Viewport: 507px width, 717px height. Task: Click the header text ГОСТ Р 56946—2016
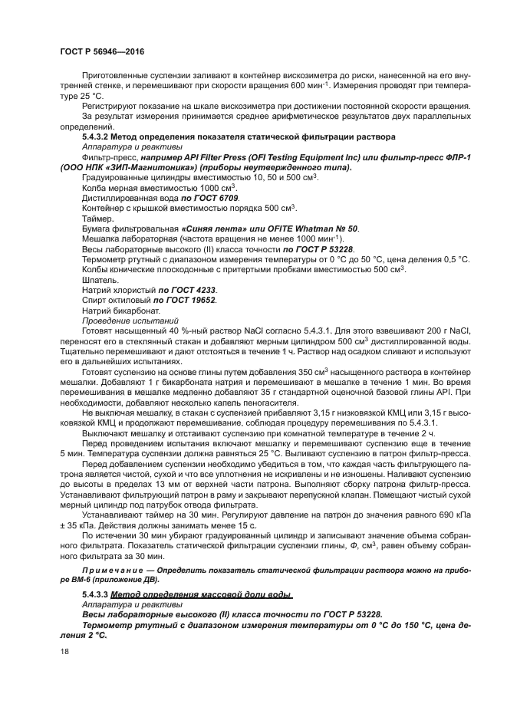click(101, 51)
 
